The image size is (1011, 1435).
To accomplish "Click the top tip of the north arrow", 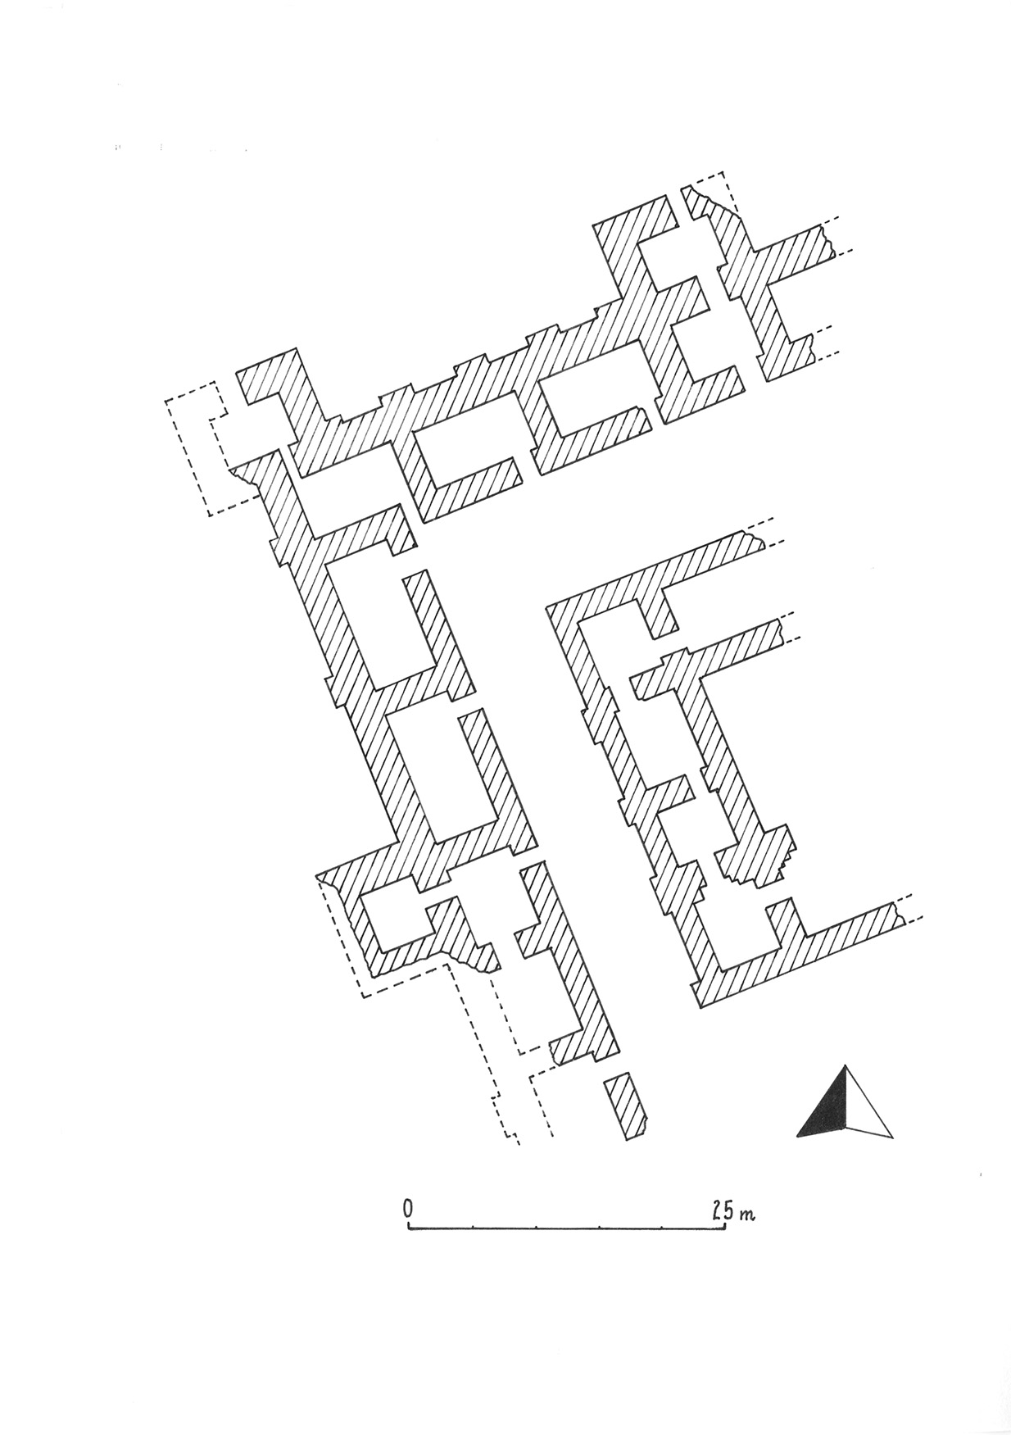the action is pyautogui.click(x=846, y=1066).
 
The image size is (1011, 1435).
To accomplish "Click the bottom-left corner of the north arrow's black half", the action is pyautogui.click(x=797, y=1136).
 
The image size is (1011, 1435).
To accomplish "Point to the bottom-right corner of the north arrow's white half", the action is pyautogui.click(x=892, y=1138).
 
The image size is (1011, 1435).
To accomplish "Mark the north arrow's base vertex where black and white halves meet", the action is pyautogui.click(x=846, y=1128).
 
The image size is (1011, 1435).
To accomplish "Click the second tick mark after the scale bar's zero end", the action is pyautogui.click(x=535, y=1227).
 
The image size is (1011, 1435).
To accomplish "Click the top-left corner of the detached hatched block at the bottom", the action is pyautogui.click(x=605, y=1080).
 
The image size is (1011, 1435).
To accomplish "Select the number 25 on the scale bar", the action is pyautogui.click(x=722, y=1209).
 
